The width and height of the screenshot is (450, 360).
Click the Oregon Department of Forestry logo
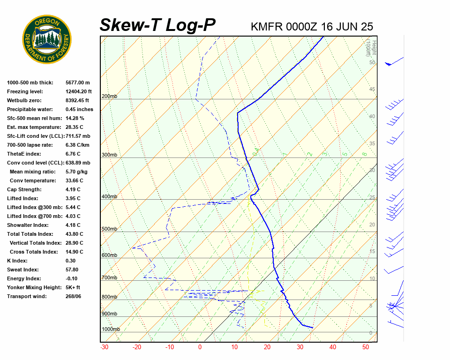tap(47, 39)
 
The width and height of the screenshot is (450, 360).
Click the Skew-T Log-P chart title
tap(157, 25)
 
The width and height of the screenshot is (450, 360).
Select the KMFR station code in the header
tap(267, 26)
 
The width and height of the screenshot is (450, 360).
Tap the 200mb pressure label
tap(109, 97)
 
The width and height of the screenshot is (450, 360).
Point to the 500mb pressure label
tap(109, 229)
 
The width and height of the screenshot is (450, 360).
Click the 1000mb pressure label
tap(111, 330)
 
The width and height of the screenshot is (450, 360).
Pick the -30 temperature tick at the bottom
tap(105, 347)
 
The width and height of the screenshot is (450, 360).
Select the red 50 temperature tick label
tap(366, 347)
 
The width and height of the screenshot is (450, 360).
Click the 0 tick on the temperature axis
tap(200, 347)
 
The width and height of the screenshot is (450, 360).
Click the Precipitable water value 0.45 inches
tap(79, 109)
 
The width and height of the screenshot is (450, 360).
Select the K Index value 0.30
tap(70, 261)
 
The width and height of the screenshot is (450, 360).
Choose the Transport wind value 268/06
tap(73, 296)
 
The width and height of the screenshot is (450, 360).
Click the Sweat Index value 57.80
tap(72, 270)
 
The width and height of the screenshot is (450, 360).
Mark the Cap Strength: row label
tap(24, 189)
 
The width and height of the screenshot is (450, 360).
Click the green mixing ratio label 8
tap(364, 154)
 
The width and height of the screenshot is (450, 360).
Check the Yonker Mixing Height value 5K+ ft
tap(73, 287)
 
